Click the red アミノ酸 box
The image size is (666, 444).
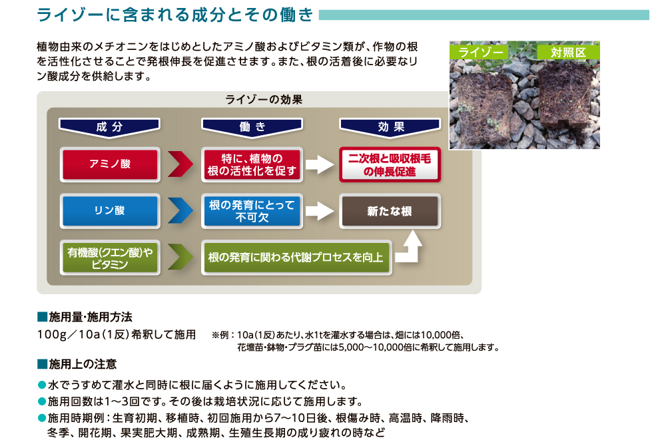point(110,164)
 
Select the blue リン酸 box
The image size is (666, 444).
point(110,211)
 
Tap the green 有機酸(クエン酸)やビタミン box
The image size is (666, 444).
point(110,258)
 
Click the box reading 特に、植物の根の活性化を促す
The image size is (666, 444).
point(252,164)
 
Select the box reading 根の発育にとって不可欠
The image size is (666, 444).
point(252,211)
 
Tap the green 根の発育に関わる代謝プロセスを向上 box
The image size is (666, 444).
point(296,258)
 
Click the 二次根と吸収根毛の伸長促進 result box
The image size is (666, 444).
point(390,164)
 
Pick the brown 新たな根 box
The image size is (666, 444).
point(390,211)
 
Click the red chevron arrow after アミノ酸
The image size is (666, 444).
point(180,164)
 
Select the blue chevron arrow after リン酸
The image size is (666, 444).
point(180,210)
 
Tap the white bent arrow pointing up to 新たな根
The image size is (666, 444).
point(410,251)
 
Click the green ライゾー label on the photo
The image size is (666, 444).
point(480,52)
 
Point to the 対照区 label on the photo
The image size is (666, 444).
point(568,52)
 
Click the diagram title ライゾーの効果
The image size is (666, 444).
point(264,100)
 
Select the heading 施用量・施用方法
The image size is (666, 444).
point(85,317)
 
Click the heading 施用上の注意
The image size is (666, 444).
point(77,364)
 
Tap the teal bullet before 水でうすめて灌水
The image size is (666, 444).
point(42,385)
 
